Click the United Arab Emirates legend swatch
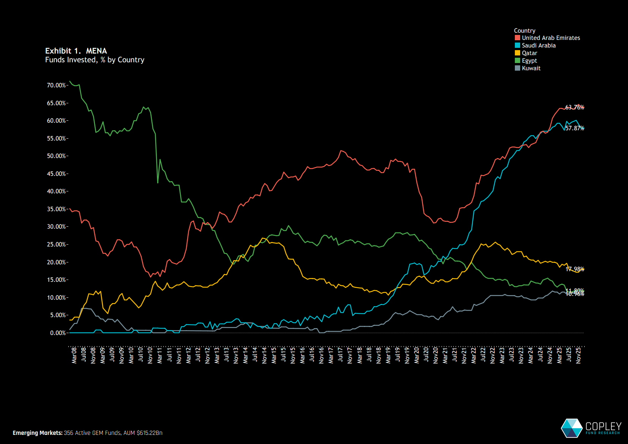tap(517, 38)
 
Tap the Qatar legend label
tap(529, 53)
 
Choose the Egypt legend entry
tap(529, 61)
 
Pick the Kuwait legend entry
tap(531, 68)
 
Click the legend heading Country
tap(524, 31)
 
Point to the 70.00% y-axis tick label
tap(56, 85)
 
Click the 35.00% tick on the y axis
tap(56, 209)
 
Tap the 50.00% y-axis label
tap(56, 156)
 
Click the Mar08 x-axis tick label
tap(74, 355)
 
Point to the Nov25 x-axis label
tap(578, 355)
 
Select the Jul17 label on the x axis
tap(341, 355)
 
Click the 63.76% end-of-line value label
tap(574, 107)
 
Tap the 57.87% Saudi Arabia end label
tap(574, 128)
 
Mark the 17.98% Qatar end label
tap(574, 269)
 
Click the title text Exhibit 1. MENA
tap(76, 51)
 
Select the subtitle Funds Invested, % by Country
tap(95, 60)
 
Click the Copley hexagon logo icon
tap(571, 428)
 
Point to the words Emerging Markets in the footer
tap(38, 433)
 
